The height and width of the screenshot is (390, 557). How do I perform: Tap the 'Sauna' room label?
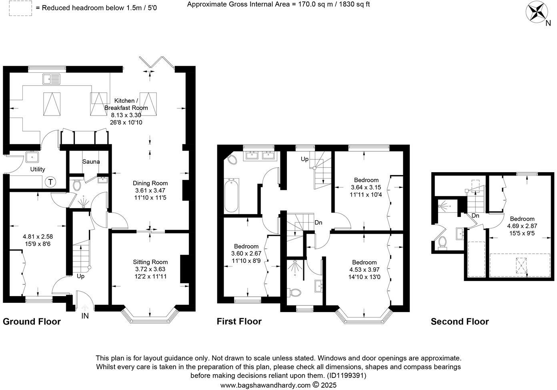tap(91, 161)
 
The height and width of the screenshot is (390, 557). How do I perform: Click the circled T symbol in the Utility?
tap(50, 182)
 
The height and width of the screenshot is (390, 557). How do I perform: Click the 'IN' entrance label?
tap(85, 316)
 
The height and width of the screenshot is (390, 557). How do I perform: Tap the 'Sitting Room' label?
tap(150, 262)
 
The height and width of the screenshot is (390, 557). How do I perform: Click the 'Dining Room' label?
tap(150, 183)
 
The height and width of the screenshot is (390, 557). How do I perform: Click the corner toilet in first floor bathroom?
tap(232, 160)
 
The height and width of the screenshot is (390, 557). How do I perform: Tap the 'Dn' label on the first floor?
tap(318, 223)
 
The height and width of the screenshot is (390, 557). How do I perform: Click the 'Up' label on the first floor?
tap(305, 159)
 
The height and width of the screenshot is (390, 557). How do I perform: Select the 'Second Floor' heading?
tap(459, 322)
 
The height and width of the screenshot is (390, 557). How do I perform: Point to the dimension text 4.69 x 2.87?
tap(522, 226)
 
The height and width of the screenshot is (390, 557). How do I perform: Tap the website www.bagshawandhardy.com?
tap(265, 385)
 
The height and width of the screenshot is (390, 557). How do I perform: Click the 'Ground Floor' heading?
tap(32, 322)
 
